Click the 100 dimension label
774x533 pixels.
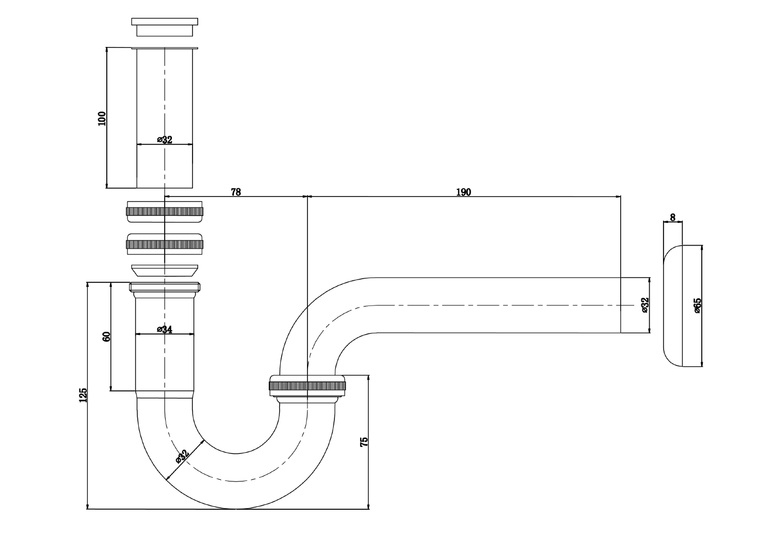[x=102, y=119]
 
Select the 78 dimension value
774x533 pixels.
[x=235, y=192]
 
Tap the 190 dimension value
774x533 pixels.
[x=463, y=192]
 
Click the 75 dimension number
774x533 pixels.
[x=364, y=442]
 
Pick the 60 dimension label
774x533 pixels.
[x=107, y=336]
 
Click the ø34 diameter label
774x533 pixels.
[x=165, y=329]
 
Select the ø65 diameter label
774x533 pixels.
[x=697, y=305]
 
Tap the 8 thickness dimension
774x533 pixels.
[x=672, y=218]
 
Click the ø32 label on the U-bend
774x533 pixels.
[x=182, y=456]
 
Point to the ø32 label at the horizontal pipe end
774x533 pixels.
[x=645, y=305]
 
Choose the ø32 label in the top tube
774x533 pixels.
[x=165, y=140]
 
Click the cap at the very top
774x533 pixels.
[x=165, y=27]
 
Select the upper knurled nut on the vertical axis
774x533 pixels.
[x=165, y=211]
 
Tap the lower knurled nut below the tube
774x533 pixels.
[x=165, y=244]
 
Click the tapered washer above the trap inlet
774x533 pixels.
[x=165, y=271]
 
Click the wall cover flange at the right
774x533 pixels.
[x=672, y=305]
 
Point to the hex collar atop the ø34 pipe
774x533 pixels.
[x=165, y=287]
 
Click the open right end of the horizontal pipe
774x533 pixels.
[x=619, y=305]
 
